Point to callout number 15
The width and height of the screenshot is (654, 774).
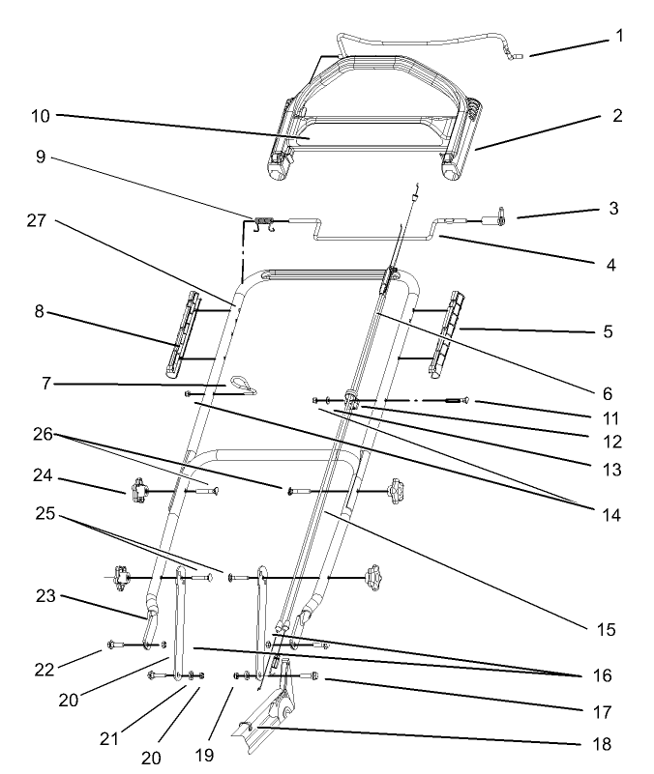click(607, 629)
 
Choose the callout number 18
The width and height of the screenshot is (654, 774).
click(607, 746)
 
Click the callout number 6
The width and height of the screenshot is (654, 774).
click(608, 393)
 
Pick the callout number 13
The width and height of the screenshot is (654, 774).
click(607, 471)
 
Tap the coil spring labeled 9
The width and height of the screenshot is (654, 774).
click(262, 226)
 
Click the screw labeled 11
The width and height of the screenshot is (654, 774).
click(460, 401)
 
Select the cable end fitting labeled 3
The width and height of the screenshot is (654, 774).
click(500, 219)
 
